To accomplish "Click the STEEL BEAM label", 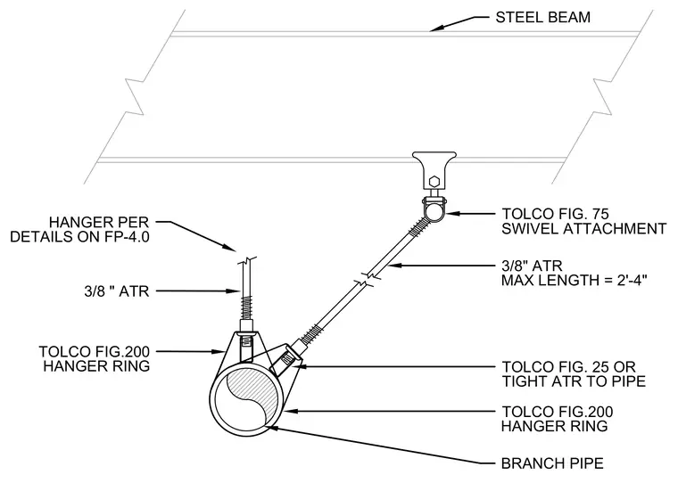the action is (542, 17).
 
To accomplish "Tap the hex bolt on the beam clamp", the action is (434, 180).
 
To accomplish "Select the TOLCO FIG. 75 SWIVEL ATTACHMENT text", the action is (583, 221).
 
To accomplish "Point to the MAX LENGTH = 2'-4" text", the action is (574, 280).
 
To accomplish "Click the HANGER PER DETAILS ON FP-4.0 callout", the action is (79, 229).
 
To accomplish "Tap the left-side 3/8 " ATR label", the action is (117, 291).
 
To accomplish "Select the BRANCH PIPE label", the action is (552, 463).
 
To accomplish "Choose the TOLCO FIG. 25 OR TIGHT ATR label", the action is (574, 374).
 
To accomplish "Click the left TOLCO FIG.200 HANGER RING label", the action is (95, 358).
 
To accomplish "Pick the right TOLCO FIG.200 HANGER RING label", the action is (557, 419).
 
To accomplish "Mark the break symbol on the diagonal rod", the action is (368, 278).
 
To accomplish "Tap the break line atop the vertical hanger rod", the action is (247, 261).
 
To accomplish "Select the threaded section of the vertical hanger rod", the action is (247, 306).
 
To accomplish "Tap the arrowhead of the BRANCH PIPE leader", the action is (271, 428).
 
